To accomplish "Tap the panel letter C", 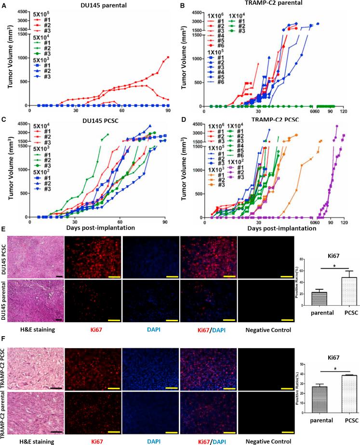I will pos(4,118).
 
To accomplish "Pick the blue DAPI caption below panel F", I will pos(150,440).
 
